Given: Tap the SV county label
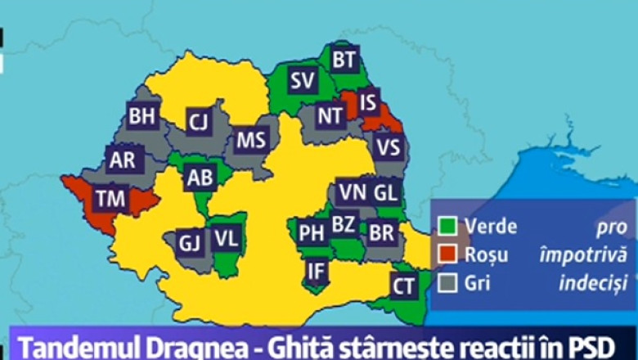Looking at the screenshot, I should [303, 80].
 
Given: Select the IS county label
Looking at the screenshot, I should [369, 102].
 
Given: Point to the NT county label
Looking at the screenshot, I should [330, 116].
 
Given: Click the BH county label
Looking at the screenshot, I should [142, 117].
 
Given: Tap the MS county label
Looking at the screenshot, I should [251, 140].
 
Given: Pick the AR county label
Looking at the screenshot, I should [122, 160].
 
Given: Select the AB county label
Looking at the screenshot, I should [200, 177].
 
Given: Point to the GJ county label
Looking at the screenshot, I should [189, 243].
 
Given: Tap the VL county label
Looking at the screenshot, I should [227, 239].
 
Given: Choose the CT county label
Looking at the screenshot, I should [403, 286].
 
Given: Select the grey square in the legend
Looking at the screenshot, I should [447, 283].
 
